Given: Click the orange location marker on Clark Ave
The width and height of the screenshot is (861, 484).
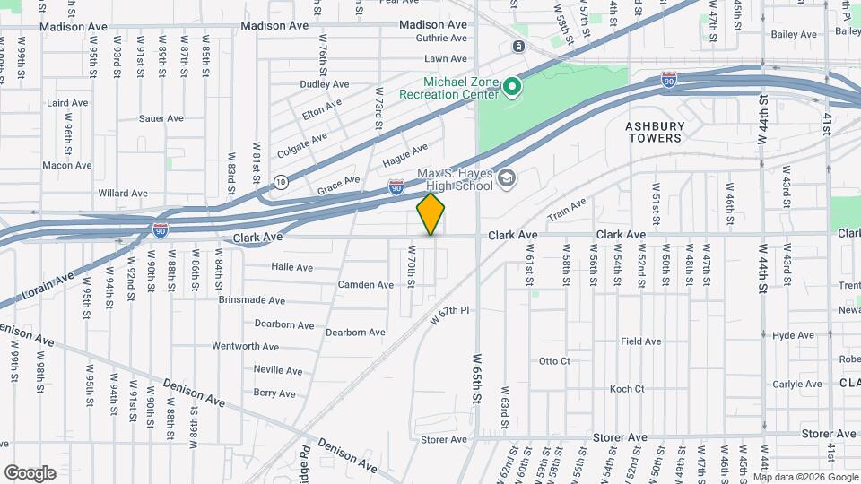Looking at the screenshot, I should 431,214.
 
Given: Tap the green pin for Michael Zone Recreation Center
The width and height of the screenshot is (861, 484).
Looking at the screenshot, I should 512,87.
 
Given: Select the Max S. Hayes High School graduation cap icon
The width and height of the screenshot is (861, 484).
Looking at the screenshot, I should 507,179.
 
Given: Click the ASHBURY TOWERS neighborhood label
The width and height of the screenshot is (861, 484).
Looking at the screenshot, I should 654,133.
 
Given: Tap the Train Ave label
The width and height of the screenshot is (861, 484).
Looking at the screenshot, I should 567,209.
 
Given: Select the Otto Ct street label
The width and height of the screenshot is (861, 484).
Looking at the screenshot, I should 554,361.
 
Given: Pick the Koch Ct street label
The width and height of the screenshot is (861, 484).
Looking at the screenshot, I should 627,389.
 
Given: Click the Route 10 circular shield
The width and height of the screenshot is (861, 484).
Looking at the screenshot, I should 281,181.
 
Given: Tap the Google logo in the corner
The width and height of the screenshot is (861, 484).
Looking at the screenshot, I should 30,473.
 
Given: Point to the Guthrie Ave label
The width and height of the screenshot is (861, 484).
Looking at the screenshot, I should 442,38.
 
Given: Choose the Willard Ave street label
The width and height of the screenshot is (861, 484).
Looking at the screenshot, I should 123,193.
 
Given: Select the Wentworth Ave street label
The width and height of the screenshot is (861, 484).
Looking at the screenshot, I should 246,346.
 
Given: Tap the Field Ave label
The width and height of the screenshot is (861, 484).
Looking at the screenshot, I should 640,341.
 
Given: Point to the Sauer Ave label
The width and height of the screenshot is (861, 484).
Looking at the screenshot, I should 161,118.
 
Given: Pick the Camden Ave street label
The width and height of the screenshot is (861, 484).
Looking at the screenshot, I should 365,285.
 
